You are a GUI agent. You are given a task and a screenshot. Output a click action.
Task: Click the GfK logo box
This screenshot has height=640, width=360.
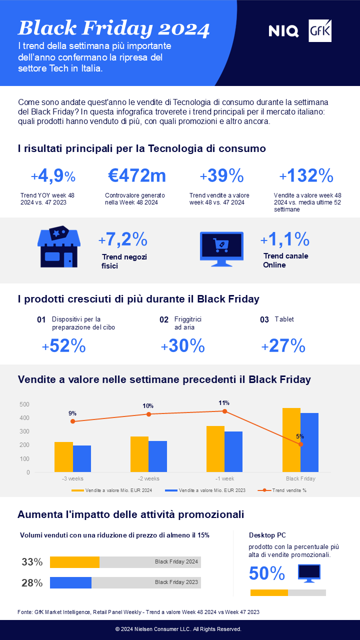pyautogui.click(x=320, y=31)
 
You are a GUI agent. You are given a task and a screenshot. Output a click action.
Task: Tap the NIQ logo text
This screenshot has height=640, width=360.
pyautogui.click(x=283, y=31)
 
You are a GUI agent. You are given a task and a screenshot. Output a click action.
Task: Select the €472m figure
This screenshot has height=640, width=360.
pyautogui.click(x=137, y=175)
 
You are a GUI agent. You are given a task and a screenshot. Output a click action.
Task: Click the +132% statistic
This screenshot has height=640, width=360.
pyautogui.click(x=306, y=175)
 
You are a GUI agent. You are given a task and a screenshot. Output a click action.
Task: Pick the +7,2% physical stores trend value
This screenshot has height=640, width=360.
pyautogui.click(x=123, y=240)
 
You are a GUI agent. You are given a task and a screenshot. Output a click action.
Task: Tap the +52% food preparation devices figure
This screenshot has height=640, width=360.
pyautogui.click(x=63, y=346)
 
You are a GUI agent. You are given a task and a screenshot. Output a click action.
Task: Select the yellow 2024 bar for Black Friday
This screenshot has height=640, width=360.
pyautogui.click(x=291, y=440)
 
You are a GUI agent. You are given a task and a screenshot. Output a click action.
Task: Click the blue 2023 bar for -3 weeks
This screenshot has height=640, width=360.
pyautogui.click(x=82, y=459)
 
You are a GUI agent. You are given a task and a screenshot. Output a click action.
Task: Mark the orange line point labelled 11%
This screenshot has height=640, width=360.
pyautogui.click(x=224, y=411)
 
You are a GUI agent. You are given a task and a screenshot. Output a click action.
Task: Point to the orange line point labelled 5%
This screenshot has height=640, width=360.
pyautogui.click(x=300, y=444)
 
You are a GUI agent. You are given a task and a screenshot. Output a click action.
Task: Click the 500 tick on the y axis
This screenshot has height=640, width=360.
pyautogui.click(x=25, y=404)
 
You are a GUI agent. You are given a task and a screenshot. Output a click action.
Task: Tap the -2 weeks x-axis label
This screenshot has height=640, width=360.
pyautogui.click(x=149, y=478)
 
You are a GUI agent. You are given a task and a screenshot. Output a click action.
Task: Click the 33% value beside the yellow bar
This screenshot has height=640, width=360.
pyautogui.click(x=32, y=562)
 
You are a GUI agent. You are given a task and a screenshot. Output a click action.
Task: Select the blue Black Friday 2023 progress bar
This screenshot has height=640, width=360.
pyautogui.click(x=70, y=582)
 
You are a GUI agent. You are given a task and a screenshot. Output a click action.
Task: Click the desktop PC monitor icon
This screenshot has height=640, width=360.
pyautogui.click(x=309, y=573)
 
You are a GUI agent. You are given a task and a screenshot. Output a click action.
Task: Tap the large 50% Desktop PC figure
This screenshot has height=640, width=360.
pyautogui.click(x=267, y=573)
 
